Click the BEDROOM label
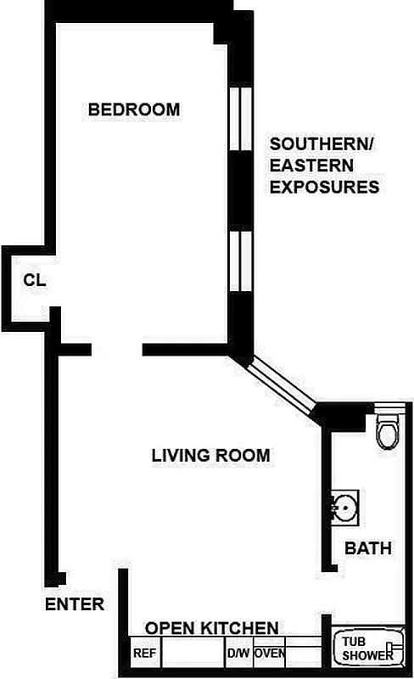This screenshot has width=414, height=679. click(x=134, y=109)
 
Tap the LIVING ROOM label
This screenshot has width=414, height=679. click(x=210, y=456)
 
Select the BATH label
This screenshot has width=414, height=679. click(x=368, y=549)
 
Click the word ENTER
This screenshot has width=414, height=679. click(x=75, y=604)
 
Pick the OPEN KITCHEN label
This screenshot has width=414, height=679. click(x=212, y=628)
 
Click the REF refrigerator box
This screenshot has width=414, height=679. click(x=144, y=654)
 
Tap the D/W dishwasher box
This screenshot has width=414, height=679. click(x=237, y=654)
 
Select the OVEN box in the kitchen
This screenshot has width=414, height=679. click(x=270, y=654)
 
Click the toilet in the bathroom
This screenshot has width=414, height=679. click(x=387, y=430)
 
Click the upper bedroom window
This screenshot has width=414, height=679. click(x=240, y=119)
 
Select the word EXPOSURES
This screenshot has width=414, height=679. click(x=324, y=188)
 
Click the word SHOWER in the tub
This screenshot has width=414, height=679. click(x=367, y=656)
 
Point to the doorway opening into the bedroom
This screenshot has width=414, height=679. click(x=116, y=349)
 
